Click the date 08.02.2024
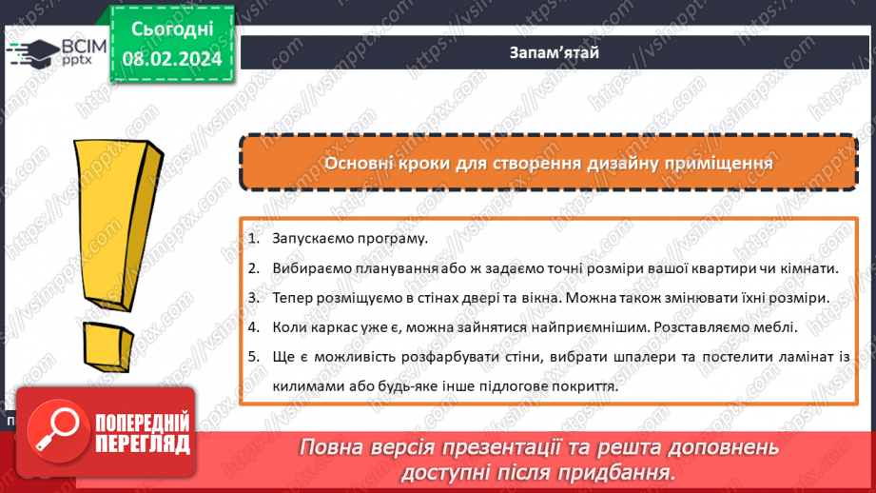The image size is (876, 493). [x=171, y=59]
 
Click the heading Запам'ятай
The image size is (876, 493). [x=554, y=52]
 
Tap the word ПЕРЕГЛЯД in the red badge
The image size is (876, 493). [x=143, y=444]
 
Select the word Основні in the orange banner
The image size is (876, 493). [x=359, y=163]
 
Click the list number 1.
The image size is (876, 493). [x=253, y=239]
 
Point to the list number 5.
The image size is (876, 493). [x=253, y=357]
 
